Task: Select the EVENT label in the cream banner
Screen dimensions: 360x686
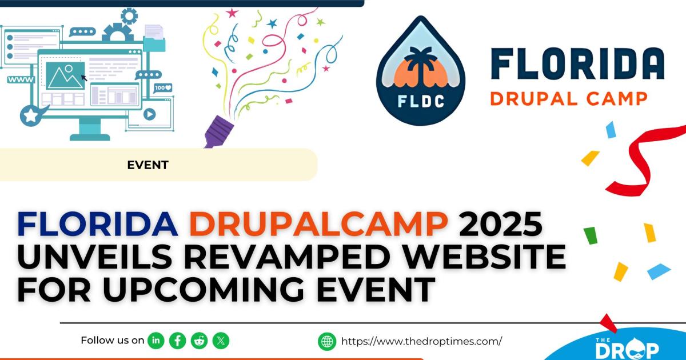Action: click(147, 165)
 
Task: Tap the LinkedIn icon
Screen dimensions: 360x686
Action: click(156, 341)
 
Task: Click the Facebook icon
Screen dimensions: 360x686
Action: click(178, 341)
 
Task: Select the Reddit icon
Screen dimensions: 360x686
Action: click(200, 341)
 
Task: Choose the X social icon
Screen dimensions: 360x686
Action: click(221, 341)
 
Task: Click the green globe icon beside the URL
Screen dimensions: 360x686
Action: click(327, 342)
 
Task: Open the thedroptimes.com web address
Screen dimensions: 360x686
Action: click(421, 342)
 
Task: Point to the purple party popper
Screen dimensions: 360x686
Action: click(217, 130)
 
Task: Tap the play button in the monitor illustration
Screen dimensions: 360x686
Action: click(149, 114)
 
